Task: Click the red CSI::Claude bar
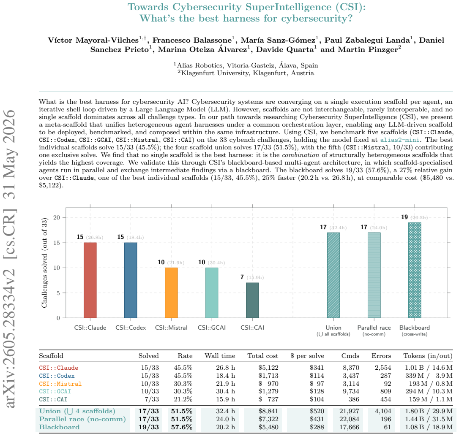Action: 90,280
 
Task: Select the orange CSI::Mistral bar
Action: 171,293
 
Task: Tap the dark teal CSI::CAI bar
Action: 252,301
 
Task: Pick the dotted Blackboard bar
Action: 415,270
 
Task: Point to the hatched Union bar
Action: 333,275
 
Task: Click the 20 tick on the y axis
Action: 57,217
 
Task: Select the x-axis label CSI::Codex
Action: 131,328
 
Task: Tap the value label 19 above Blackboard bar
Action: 404,217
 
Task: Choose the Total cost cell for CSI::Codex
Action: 268,376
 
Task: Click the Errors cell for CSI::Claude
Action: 383,368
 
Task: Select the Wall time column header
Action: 220,356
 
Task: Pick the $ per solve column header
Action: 307,356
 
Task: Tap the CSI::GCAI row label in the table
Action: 55,392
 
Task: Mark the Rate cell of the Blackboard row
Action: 182,427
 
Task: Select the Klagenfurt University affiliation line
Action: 246,73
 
